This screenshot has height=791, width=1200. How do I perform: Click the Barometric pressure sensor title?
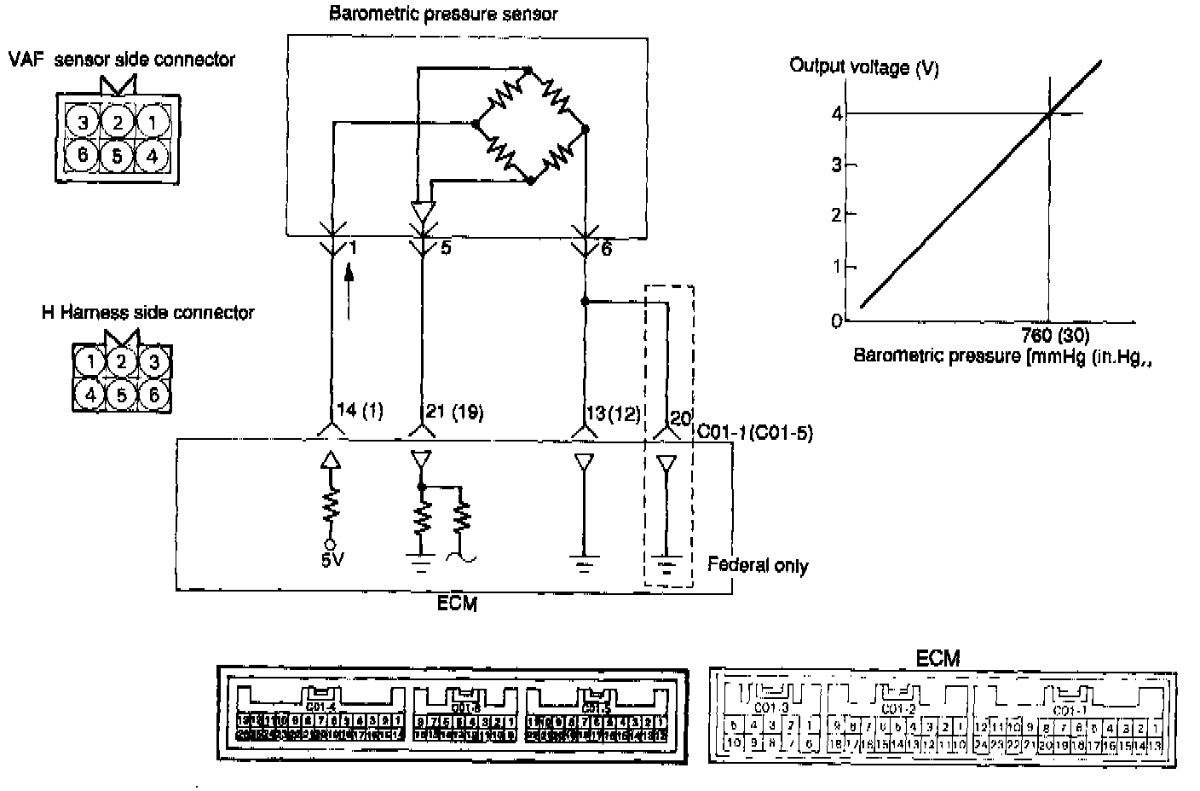[x=443, y=14]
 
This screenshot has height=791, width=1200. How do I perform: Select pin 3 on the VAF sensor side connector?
[x=83, y=123]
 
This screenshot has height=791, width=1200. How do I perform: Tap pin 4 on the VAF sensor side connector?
[x=152, y=157]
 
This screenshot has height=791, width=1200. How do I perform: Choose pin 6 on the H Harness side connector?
[x=153, y=395]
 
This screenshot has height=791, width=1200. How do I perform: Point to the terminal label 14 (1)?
[x=360, y=412]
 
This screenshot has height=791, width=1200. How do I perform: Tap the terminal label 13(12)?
[x=613, y=413]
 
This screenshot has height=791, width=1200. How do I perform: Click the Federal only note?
[x=758, y=565]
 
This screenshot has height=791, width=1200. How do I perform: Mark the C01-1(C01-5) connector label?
[x=754, y=433]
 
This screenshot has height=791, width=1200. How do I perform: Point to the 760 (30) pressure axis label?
[x=1054, y=335]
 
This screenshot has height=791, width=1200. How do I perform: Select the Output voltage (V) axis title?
[x=864, y=66]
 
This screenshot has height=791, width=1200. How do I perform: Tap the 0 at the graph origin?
[x=836, y=322]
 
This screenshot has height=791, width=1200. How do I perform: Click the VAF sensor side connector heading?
[x=121, y=59]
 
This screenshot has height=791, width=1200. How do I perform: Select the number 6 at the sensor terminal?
[x=606, y=249]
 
